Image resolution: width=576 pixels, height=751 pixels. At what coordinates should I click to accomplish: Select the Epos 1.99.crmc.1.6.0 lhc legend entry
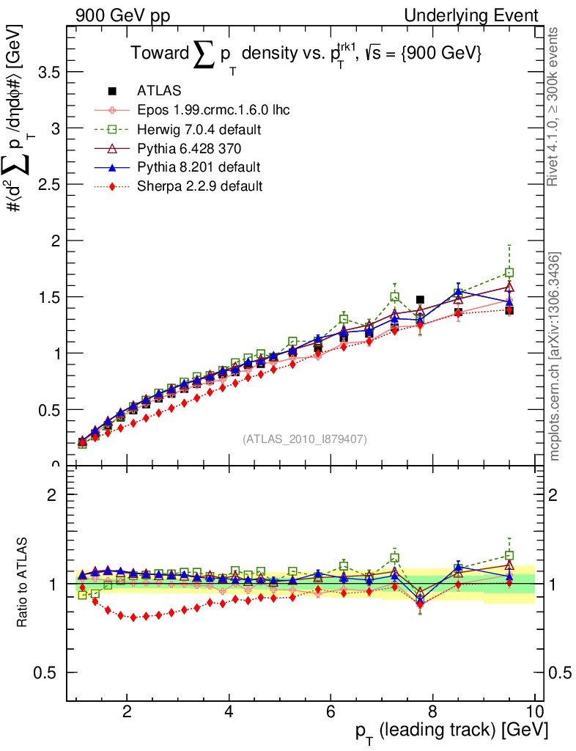click(x=213, y=111)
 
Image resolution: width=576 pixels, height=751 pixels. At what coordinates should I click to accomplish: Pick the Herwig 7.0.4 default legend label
click(x=200, y=130)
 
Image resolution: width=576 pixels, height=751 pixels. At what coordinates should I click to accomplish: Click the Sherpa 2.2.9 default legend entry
click(x=200, y=186)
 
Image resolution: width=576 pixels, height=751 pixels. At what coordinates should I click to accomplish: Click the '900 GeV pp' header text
click(x=122, y=15)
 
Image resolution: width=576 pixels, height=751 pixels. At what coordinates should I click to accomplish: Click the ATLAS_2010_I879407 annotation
click(x=305, y=439)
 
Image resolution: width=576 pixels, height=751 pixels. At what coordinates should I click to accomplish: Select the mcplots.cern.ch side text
click(x=555, y=356)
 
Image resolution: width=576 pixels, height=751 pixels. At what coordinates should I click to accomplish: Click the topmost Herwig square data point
click(x=509, y=273)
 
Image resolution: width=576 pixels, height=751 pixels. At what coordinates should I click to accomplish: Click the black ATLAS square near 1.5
click(x=420, y=299)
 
